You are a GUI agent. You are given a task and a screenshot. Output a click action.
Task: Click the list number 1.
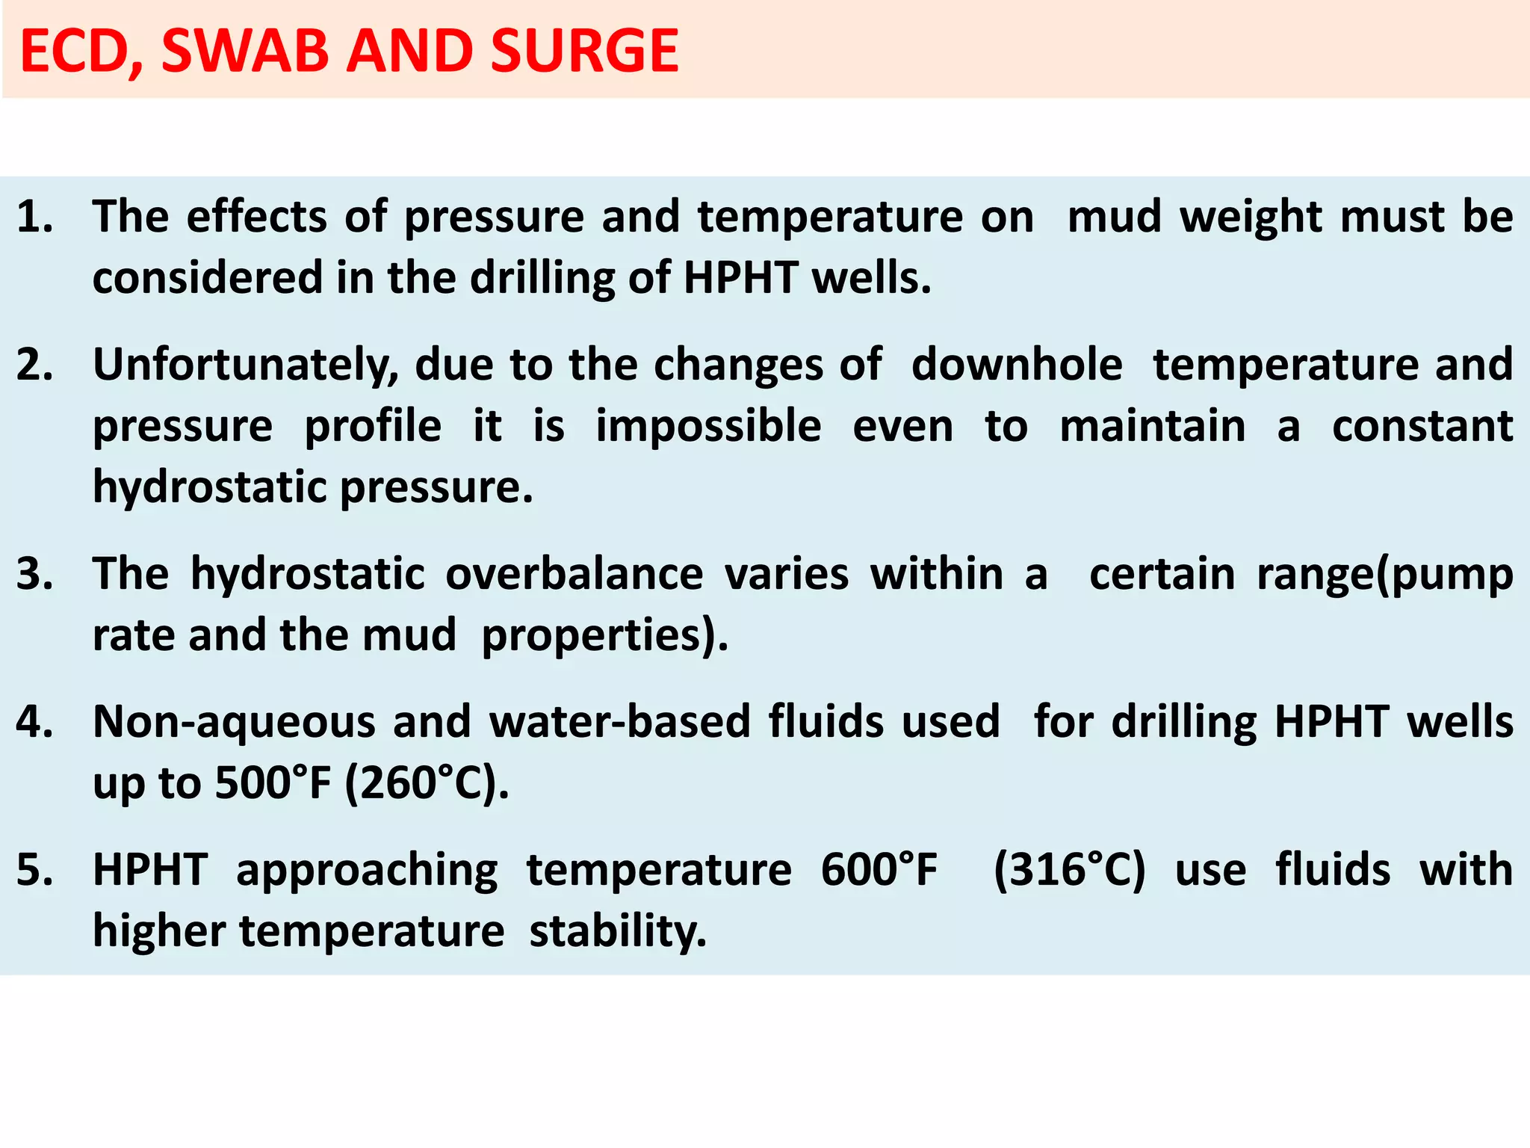tap(34, 217)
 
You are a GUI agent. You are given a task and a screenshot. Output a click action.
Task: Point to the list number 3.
tap(34, 574)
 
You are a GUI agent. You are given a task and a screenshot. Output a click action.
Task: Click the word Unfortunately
tap(246, 366)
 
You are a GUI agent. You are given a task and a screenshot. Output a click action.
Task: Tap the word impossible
tap(708, 428)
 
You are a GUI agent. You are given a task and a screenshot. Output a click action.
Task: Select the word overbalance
tap(574, 574)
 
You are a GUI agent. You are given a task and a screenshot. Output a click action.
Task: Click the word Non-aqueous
tap(234, 723)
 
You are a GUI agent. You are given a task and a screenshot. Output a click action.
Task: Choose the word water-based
tap(619, 722)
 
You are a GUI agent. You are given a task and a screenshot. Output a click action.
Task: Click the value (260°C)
tap(427, 783)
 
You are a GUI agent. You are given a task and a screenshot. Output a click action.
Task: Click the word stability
tap(617, 932)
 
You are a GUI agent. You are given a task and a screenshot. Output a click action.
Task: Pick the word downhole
tap(1017, 365)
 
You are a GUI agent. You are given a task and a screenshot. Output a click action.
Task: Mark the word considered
tap(206, 278)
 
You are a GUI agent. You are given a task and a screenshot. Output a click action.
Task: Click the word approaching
tap(367, 871)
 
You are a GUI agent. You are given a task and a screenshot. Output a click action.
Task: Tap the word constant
tap(1422, 427)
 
